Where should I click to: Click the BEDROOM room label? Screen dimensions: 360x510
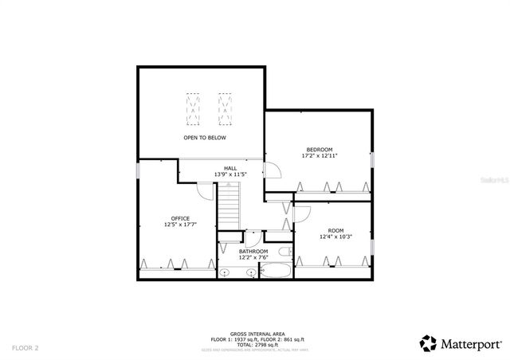click(319, 150)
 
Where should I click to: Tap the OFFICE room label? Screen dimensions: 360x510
click(180, 218)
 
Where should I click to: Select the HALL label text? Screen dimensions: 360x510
click(230, 168)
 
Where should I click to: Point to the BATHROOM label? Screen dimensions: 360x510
click(253, 252)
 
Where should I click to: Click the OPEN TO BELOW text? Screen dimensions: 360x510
click(205, 138)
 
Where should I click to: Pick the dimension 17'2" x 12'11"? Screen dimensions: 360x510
click(319, 156)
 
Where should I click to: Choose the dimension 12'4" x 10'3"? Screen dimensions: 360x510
click(335, 237)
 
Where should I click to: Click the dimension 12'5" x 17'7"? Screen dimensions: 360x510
click(180, 225)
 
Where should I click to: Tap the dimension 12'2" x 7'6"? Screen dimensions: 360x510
click(253, 258)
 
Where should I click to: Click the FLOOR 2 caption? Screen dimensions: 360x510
click(25, 348)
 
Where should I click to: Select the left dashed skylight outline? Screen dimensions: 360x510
click(193, 108)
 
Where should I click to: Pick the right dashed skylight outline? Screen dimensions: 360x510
click(226, 108)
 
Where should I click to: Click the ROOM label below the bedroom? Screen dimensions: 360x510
click(335, 230)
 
